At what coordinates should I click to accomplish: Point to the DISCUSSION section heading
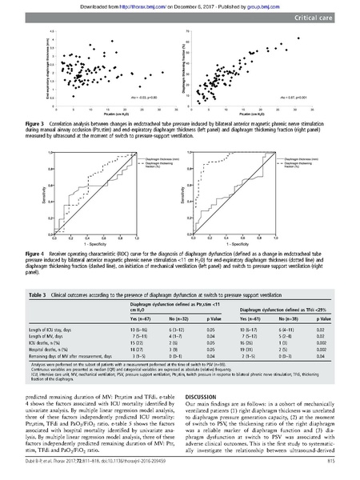pos(203,395)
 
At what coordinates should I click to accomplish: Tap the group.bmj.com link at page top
pos(263,4)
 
